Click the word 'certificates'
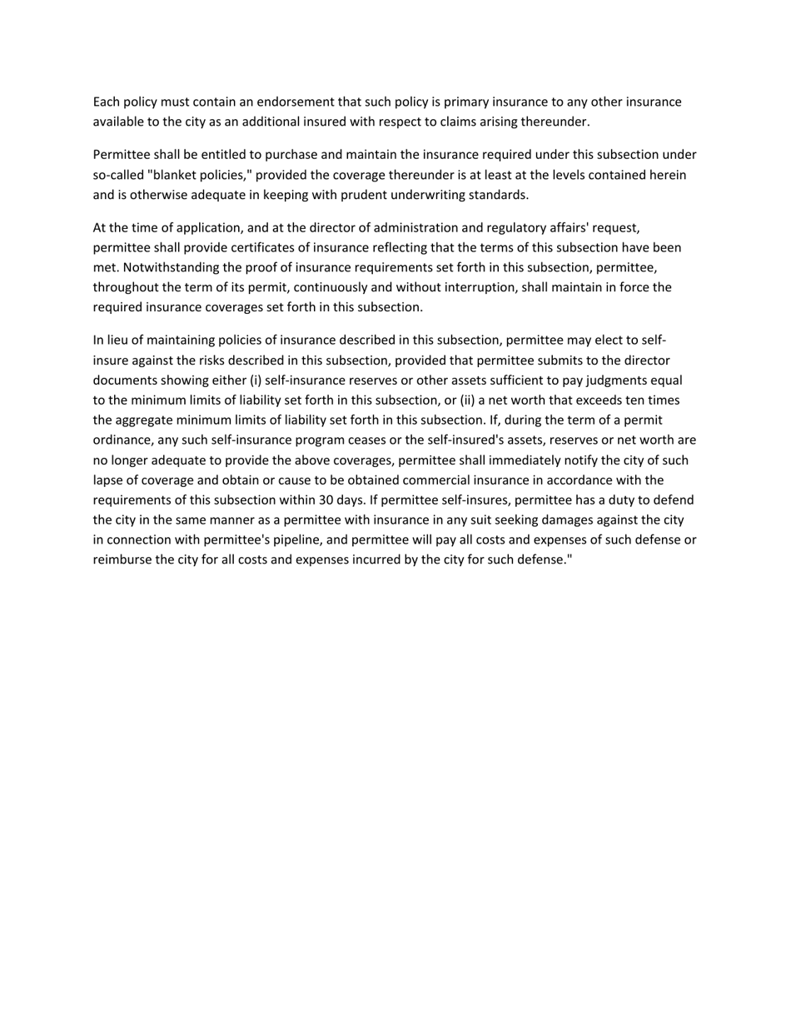[241, 248]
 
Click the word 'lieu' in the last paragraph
[117, 341]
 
